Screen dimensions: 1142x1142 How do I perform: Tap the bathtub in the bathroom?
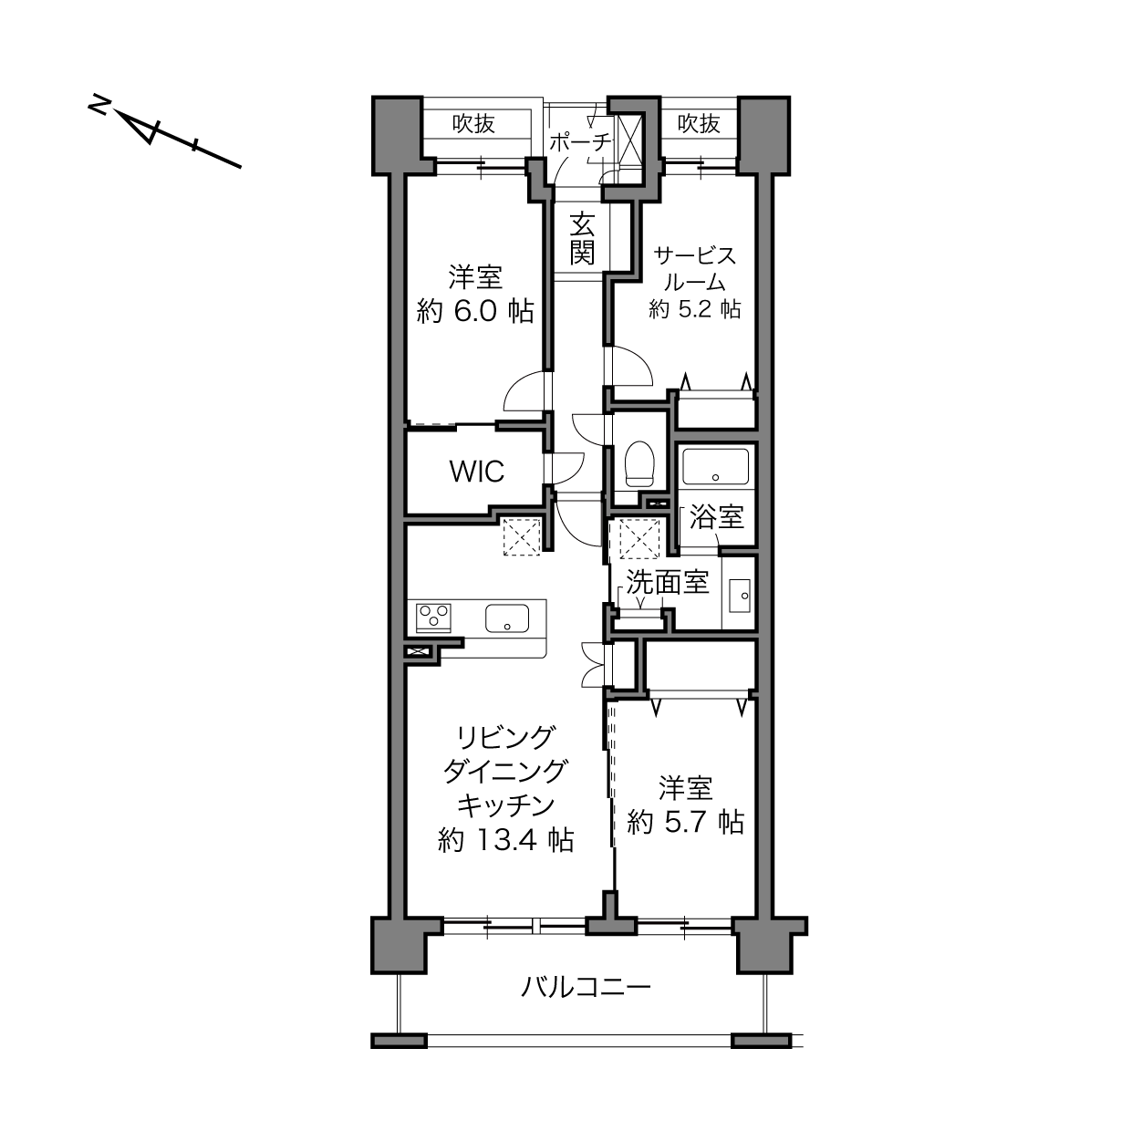coord(715,467)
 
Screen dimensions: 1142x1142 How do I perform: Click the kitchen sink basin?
coord(507,618)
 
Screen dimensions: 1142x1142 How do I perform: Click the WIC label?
coord(477,472)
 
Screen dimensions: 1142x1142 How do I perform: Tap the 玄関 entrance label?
coord(582,238)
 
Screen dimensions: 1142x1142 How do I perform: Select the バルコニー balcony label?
coord(586,987)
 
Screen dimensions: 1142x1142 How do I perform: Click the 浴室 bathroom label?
coord(717,517)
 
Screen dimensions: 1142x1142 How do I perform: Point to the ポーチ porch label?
coord(580,142)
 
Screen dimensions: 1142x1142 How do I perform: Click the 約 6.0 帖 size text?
coord(475,311)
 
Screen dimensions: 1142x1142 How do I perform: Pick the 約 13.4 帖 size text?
coord(505,840)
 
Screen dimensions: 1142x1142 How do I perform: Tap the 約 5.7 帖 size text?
coord(686,823)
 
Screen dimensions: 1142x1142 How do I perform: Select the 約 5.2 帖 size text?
coord(694,309)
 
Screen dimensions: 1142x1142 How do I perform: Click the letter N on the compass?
coord(99,106)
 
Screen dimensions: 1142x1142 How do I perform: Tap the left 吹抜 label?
coord(473,123)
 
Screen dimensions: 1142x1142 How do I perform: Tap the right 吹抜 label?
coord(699,123)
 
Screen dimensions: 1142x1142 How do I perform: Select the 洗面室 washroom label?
coord(668,582)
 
